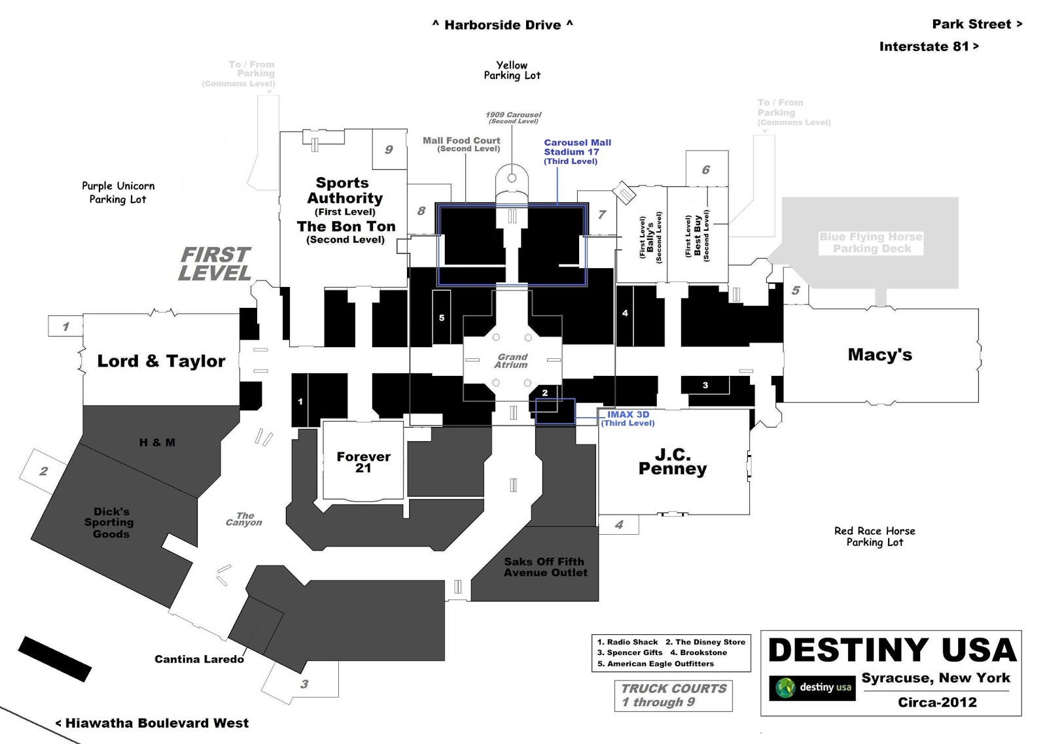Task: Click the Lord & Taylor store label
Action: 161,361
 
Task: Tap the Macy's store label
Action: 879,355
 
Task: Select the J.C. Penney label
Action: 673,462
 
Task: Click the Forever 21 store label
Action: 363,462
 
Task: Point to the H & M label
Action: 157,443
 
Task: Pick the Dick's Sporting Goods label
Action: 109,522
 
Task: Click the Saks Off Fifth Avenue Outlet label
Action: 545,567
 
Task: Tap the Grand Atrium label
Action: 512,361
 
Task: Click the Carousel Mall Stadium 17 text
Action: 577,151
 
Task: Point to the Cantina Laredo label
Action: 199,659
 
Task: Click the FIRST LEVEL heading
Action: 215,264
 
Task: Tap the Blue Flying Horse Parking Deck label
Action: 871,243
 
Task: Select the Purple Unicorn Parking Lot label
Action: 118,193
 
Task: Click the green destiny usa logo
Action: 812,688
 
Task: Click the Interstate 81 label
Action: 928,46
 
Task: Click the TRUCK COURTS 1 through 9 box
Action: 673,695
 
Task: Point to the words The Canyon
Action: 244,519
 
